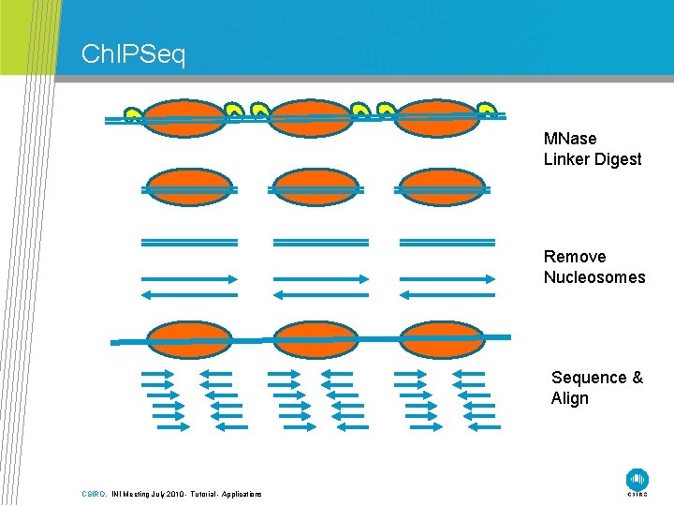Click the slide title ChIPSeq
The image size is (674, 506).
click(x=134, y=54)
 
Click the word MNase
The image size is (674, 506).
click(x=570, y=139)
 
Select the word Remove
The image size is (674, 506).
click(x=575, y=257)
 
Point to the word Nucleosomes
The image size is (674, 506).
click(x=594, y=277)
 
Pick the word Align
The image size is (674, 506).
click(x=570, y=398)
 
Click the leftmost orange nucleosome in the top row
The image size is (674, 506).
click(x=185, y=118)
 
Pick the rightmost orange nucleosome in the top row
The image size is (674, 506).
click(x=436, y=118)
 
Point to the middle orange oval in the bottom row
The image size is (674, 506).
click(x=315, y=339)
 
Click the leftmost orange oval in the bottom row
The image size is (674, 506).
click(x=189, y=339)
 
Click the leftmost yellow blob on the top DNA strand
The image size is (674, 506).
click(x=134, y=115)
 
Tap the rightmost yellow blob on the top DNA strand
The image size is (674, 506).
click(x=486, y=112)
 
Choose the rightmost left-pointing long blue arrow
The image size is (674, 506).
click(x=447, y=294)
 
